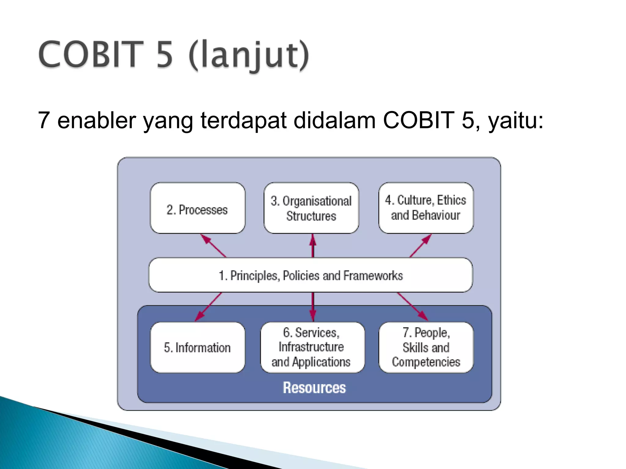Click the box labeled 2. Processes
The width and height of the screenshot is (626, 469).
click(x=197, y=208)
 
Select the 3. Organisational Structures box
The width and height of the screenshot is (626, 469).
click(x=311, y=208)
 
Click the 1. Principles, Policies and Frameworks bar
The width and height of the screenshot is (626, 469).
click(x=311, y=275)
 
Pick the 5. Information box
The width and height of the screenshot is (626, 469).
click(x=197, y=347)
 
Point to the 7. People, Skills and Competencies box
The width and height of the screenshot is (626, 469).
click(x=426, y=347)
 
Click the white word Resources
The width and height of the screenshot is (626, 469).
click(x=314, y=387)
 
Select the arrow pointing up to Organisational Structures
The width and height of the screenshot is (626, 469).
click(x=312, y=246)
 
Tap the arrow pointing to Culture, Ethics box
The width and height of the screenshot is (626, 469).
click(x=421, y=246)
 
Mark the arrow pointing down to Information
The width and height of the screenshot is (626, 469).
click(x=208, y=306)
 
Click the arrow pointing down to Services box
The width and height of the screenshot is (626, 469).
click(x=312, y=306)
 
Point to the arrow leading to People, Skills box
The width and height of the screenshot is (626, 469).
click(x=412, y=306)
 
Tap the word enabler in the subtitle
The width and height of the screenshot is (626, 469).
click(x=97, y=120)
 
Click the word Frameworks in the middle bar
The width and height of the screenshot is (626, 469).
click(x=373, y=276)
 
